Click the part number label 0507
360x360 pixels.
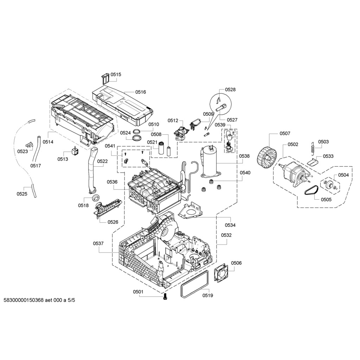(x=285, y=133)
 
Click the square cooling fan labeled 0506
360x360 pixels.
(x=221, y=272)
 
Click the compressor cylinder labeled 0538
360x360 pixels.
(x=210, y=162)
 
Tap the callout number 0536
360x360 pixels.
(x=112, y=182)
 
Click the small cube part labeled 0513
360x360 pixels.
(x=75, y=151)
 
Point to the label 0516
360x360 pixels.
(x=140, y=92)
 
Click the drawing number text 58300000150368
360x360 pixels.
(x=24, y=300)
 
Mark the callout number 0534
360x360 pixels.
(x=230, y=225)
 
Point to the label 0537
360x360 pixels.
(x=98, y=243)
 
